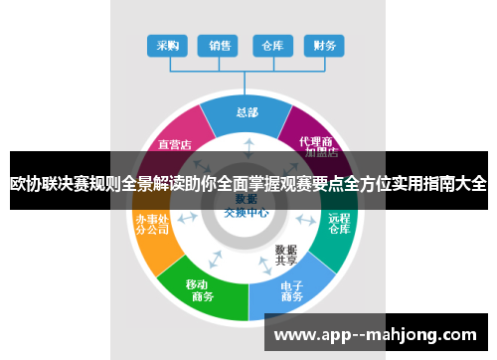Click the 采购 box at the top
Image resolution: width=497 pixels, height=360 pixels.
pos(167,45)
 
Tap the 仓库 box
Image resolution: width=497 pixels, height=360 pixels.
pos(271,45)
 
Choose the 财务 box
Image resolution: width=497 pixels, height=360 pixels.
pos(323,45)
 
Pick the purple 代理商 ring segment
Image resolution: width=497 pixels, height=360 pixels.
pos(317,139)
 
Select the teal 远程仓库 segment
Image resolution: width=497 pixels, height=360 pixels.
pos(339,224)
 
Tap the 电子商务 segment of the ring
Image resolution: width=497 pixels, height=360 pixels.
pos(291,291)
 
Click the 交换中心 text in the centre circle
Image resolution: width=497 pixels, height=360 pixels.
pos(246,212)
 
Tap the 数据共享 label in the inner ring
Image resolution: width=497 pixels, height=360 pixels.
pos(286,255)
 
